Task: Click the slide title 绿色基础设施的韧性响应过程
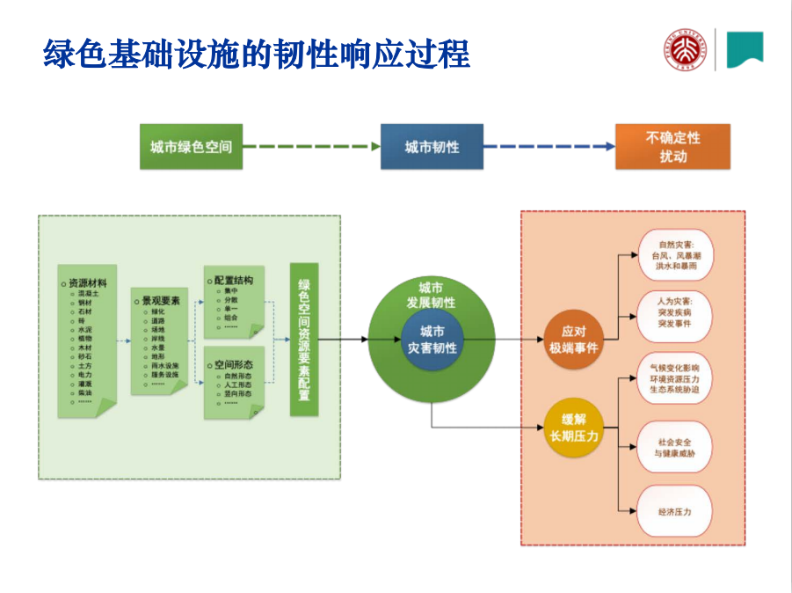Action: pos(257,54)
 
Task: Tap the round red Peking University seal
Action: pos(684,50)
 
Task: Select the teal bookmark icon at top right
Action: pos(745,49)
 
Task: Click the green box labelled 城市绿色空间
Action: pos(191,147)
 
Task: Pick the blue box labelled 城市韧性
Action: pos(432,147)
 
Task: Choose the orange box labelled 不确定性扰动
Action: pos(672,147)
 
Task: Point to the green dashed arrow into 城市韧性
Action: pos(311,147)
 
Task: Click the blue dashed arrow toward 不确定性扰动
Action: pos(549,147)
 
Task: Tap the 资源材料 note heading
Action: pos(88,283)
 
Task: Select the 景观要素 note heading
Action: pos(161,300)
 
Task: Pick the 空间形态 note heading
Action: pos(233,362)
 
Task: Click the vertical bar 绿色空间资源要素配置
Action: pos(304,340)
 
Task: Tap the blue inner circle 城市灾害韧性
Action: pos(432,339)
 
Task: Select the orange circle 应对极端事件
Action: pos(574,339)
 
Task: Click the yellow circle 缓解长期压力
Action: pos(574,427)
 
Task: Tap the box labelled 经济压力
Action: pos(675,511)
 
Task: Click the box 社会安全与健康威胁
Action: pos(675,447)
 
